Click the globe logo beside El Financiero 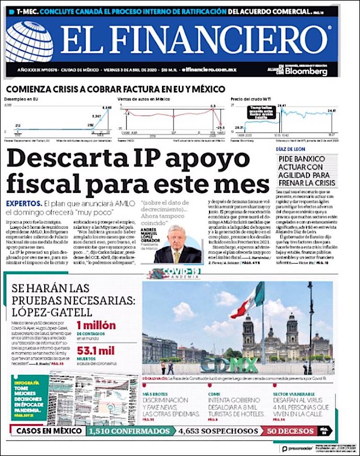29,42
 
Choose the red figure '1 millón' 96,325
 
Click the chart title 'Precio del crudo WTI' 251,99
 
